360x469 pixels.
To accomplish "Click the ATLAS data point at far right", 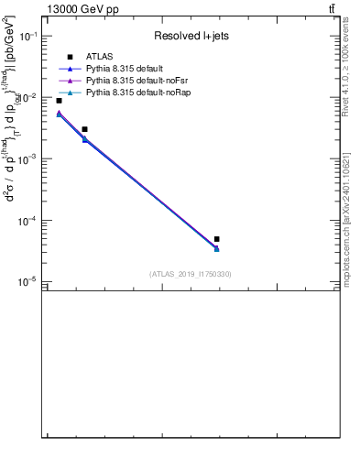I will click(x=216, y=239).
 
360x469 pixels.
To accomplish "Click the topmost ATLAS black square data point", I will click(x=59, y=101).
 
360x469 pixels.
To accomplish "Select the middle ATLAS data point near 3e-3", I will click(x=84, y=129).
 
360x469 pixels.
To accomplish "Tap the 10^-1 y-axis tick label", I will click(x=29, y=37).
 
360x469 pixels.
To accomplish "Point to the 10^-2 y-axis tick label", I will click(x=29, y=98).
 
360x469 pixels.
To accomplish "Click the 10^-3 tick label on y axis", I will click(x=29, y=159).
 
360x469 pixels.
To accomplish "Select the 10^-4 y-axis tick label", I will click(x=29, y=221).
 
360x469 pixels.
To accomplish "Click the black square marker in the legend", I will click(x=70, y=57).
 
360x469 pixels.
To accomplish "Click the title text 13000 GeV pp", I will click(x=82, y=9).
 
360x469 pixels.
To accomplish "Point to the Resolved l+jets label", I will click(x=191, y=37).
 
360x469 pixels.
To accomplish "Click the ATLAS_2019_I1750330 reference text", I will click(x=191, y=274).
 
